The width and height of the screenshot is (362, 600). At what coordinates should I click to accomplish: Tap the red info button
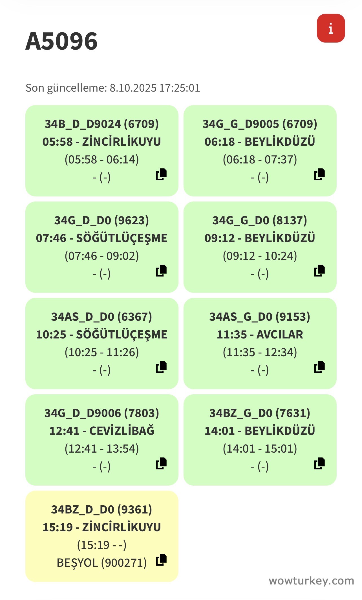click(331, 28)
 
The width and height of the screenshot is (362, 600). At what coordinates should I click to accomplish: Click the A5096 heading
click(61, 41)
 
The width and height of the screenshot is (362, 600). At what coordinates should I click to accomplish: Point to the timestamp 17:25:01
click(180, 88)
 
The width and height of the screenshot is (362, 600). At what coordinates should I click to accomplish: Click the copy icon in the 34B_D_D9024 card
click(161, 174)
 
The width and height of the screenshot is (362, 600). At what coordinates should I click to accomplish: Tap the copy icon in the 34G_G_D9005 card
click(319, 174)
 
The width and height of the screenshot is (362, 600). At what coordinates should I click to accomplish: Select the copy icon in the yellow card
click(161, 560)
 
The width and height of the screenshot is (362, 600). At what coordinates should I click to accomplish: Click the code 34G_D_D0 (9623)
click(101, 220)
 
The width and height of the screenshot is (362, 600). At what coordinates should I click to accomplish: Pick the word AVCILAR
click(280, 335)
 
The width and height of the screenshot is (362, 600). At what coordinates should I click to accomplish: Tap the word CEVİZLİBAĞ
click(122, 431)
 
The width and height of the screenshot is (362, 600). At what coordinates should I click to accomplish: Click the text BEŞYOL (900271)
click(101, 563)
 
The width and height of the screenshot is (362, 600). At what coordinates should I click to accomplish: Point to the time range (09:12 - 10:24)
click(260, 256)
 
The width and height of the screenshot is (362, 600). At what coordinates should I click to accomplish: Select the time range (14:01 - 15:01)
click(260, 449)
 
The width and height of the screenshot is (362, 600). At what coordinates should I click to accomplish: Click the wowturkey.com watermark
click(311, 581)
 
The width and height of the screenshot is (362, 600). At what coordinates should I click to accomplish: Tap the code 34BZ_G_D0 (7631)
click(260, 413)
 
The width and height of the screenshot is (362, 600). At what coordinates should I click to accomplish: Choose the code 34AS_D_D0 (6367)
click(101, 317)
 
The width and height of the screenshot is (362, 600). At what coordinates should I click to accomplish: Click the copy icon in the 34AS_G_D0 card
click(319, 367)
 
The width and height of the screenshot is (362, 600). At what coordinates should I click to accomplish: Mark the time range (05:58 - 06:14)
click(101, 160)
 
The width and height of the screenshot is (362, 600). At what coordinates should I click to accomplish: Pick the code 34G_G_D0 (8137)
click(260, 220)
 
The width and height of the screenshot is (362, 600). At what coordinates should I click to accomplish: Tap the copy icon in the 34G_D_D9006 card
click(161, 463)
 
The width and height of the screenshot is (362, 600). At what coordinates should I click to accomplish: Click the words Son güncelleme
click(66, 88)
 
